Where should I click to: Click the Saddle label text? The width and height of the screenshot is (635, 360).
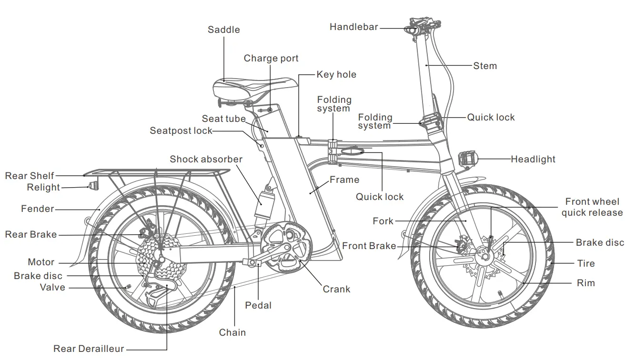(x=223, y=30)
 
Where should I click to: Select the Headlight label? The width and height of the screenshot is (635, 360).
(x=533, y=159)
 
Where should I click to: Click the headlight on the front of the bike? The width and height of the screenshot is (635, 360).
(x=467, y=159)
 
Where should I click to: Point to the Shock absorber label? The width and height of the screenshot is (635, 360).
(x=206, y=159)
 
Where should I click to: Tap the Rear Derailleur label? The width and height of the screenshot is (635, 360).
(x=82, y=349)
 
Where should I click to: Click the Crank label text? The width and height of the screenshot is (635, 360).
(x=336, y=289)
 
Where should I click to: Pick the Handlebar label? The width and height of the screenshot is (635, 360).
(x=353, y=27)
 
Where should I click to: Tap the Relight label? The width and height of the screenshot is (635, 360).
(x=43, y=188)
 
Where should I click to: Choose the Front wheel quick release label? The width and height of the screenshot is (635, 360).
(x=592, y=207)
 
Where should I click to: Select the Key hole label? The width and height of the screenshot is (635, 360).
(x=336, y=75)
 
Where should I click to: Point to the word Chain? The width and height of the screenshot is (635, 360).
(x=232, y=332)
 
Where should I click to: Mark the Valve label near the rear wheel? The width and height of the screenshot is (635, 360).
(x=52, y=287)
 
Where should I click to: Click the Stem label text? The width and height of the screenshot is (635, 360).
(x=485, y=66)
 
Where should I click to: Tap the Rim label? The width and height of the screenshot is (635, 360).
(x=585, y=283)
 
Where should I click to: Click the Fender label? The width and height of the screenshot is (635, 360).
(x=38, y=209)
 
